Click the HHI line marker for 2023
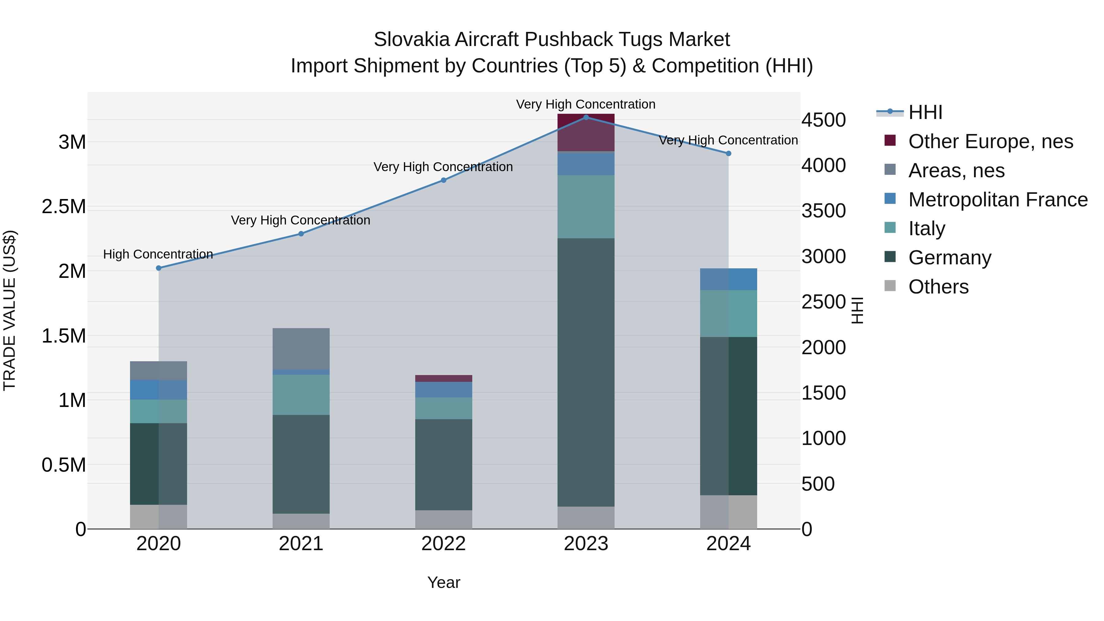(586, 117)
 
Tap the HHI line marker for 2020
(159, 268)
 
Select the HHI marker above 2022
(443, 180)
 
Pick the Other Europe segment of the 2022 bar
(443, 378)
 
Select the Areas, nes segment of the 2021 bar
(301, 348)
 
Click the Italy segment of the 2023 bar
(586, 207)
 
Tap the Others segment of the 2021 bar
(301, 521)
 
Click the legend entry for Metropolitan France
(998, 200)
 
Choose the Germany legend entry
(950, 258)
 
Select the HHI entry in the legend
(925, 112)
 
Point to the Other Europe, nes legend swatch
(890, 140)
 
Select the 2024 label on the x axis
(728, 544)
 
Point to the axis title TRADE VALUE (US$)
(10, 310)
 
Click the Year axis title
(443, 582)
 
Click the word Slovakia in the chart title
(412, 40)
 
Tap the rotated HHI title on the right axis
(857, 310)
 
